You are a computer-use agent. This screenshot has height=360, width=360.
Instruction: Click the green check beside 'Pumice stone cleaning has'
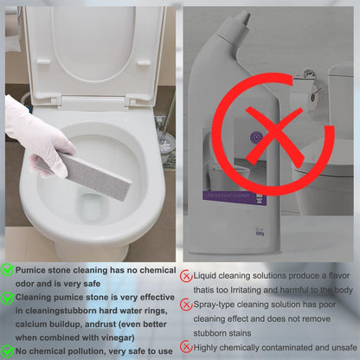[8, 271]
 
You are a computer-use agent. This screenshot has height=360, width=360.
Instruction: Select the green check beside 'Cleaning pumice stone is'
[8, 296]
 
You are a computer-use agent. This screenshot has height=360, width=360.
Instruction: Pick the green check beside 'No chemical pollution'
[8, 350]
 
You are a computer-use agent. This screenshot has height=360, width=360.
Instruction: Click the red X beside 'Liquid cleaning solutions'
[186, 276]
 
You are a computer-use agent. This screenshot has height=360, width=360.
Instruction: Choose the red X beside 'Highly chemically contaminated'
[186, 346]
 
